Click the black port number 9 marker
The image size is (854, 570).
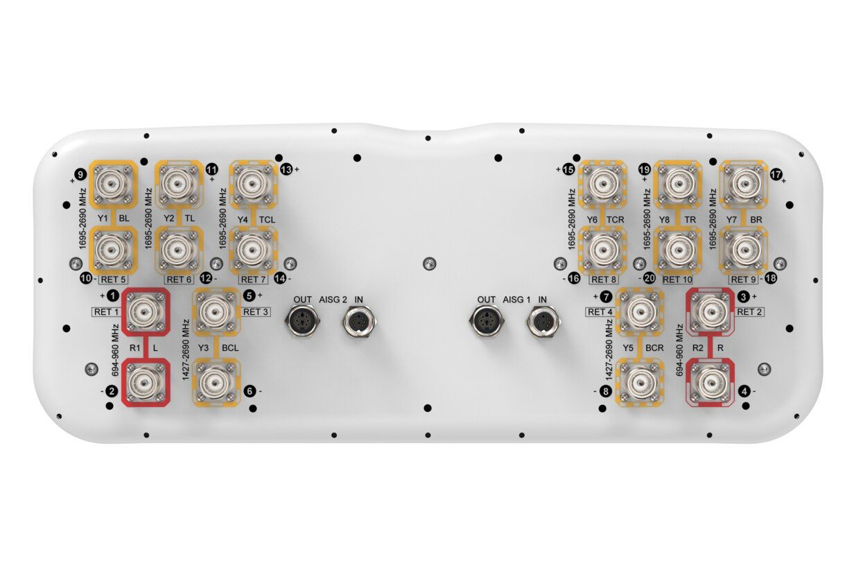tap(81, 175)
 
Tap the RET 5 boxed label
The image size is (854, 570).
tap(113, 279)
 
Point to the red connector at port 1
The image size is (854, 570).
tap(146, 311)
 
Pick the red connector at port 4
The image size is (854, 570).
tap(711, 382)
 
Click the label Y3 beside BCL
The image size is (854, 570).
tap(204, 347)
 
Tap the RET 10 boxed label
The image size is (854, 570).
tap(677, 279)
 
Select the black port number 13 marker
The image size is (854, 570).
tap(286, 169)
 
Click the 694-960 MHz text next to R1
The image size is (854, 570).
tap(116, 350)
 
